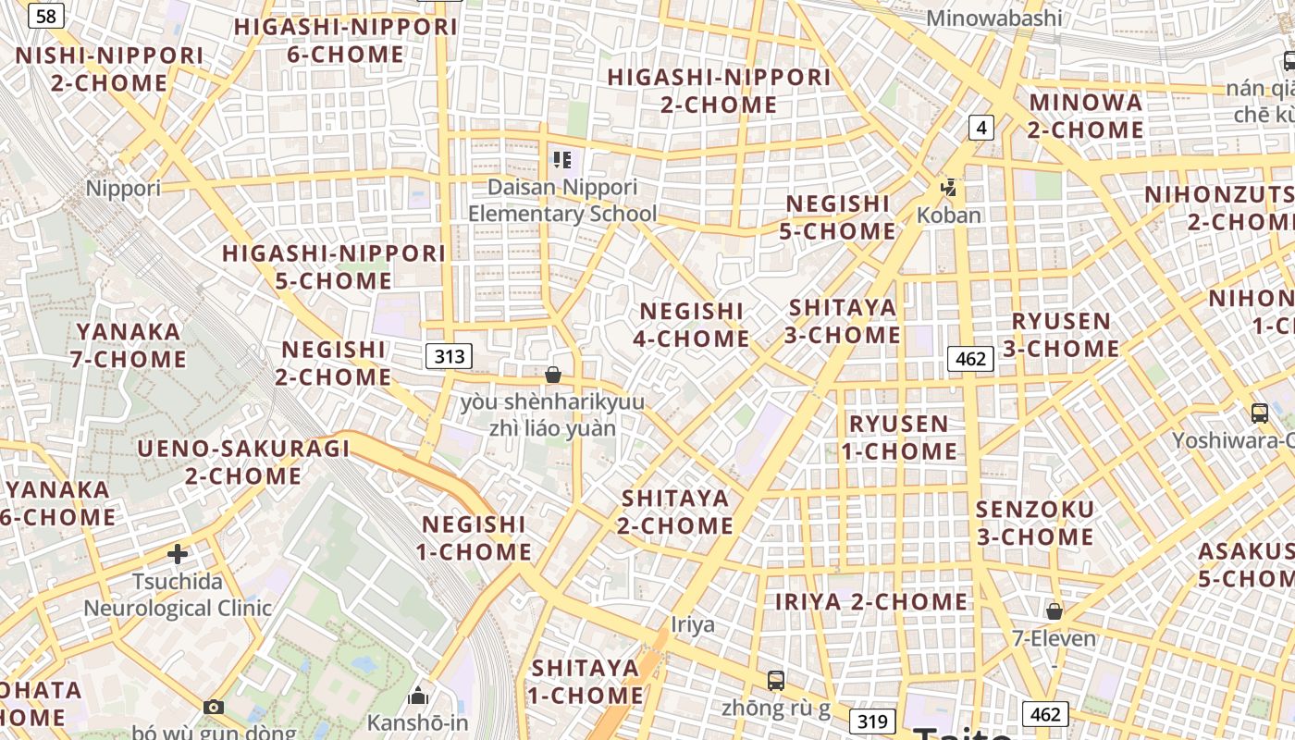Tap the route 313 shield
450,356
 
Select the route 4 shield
981,128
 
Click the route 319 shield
871,721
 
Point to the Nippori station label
123,189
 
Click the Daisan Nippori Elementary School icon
561,160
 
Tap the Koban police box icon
948,189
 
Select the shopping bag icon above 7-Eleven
1054,610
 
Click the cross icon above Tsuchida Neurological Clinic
178,554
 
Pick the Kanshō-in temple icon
418,695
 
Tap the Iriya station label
693,624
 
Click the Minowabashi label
993,18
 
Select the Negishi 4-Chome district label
691,325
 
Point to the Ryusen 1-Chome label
899,438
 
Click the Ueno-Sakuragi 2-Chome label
243,462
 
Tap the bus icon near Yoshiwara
1259,413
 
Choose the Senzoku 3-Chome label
1034,523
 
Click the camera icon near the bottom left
214,707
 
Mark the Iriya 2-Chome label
870,601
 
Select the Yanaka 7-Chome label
129,345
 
